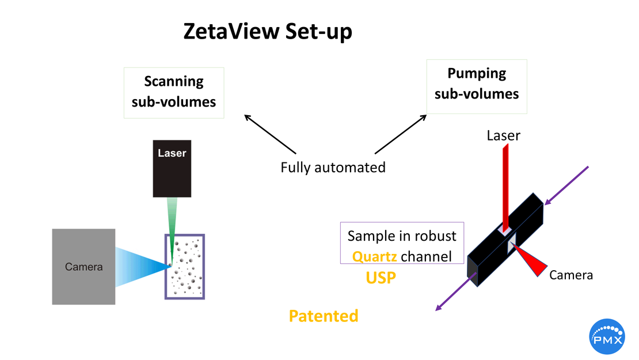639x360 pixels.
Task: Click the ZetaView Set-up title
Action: pyautogui.click(x=268, y=32)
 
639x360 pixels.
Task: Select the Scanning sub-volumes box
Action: pyautogui.click(x=174, y=92)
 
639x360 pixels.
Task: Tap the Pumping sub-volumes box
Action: pyautogui.click(x=477, y=84)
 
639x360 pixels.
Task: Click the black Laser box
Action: pyautogui.click(x=172, y=168)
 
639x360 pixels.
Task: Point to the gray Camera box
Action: pyautogui.click(x=83, y=267)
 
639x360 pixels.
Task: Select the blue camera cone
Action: pyautogui.click(x=141, y=267)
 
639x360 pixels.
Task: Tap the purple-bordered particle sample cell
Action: pyautogui.click(x=185, y=267)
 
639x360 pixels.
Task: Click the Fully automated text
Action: pyautogui.click(x=333, y=168)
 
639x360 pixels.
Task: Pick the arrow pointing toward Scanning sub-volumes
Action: pyautogui.click(x=269, y=134)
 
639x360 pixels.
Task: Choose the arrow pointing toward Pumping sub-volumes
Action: pyautogui.click(x=401, y=134)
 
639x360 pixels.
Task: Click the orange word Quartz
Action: pyautogui.click(x=375, y=256)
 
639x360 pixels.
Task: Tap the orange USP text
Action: pyautogui.click(x=381, y=278)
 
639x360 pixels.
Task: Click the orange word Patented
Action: pyautogui.click(x=323, y=316)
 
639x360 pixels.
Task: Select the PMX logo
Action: pyautogui.click(x=607, y=336)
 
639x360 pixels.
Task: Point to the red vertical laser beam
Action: pyautogui.click(x=505, y=184)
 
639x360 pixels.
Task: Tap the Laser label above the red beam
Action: pyautogui.click(x=503, y=136)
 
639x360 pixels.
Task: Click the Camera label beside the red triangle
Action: pyautogui.click(x=570, y=275)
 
